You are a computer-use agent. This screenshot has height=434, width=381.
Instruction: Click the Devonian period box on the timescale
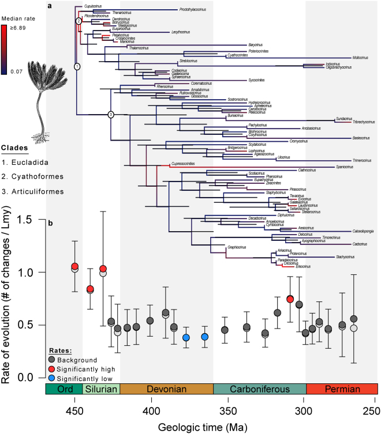pos(166,389)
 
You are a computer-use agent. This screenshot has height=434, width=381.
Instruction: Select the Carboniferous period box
pos(259,389)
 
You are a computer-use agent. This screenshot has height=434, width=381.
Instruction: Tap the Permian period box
pos(341,389)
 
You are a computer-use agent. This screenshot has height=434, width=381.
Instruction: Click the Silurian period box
pos(102,389)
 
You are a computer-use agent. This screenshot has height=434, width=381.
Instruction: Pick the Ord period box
pos(65,389)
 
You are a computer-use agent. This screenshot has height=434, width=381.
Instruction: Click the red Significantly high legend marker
pos(52,369)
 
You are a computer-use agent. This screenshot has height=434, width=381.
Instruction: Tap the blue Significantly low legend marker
pos(52,378)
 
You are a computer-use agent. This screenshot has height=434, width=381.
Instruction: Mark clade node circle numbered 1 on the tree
pos(76,67)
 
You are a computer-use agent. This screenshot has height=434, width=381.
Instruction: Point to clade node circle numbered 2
pos(79,21)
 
